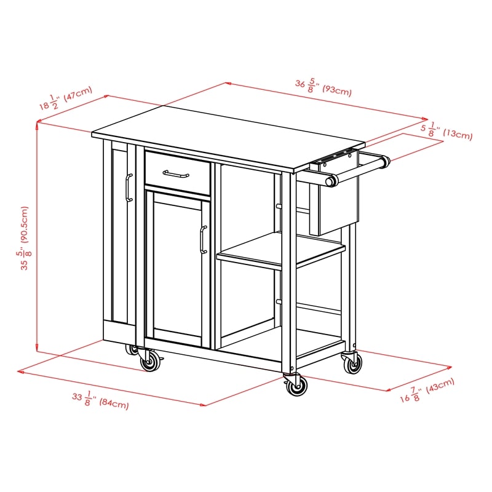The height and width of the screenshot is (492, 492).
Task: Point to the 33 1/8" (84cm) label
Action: pos(100,400)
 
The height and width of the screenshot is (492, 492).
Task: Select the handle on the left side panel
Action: pos(128,187)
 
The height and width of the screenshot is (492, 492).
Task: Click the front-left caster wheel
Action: pos(149,362)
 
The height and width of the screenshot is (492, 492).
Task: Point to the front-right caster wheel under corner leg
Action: pos(296,386)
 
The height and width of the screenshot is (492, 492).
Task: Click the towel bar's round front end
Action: pos(333,181)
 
